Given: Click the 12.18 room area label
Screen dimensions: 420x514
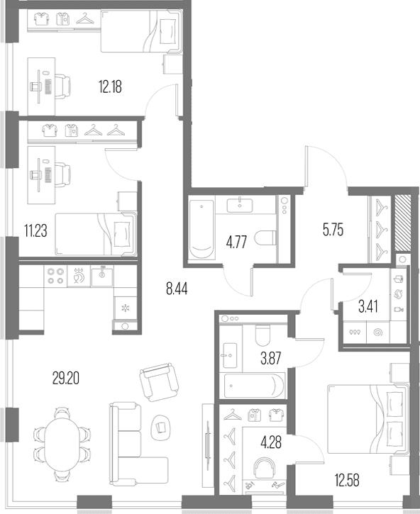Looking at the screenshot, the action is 110,87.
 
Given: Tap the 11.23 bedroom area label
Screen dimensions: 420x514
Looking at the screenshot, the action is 35,230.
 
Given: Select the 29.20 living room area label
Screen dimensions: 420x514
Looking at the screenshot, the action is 66,379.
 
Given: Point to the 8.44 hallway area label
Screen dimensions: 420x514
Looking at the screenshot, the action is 177,289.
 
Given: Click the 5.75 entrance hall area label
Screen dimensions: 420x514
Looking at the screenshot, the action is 333,230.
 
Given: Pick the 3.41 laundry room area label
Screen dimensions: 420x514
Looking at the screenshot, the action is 368,306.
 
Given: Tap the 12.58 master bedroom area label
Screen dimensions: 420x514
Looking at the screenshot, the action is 347,480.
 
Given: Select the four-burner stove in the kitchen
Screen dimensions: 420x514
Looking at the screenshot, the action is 55,276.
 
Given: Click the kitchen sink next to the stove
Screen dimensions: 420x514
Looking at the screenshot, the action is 102,276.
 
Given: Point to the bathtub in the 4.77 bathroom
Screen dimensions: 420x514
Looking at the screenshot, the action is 201,230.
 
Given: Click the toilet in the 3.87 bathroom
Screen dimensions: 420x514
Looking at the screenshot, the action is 262,335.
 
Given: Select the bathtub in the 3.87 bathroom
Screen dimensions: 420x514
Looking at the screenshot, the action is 254,386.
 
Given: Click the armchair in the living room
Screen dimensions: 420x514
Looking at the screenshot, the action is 159,382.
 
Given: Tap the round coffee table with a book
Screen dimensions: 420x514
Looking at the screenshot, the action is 161,428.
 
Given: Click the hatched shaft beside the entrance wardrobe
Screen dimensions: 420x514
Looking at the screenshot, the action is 402,222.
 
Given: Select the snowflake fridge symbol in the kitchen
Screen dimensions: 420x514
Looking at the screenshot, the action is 126,308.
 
